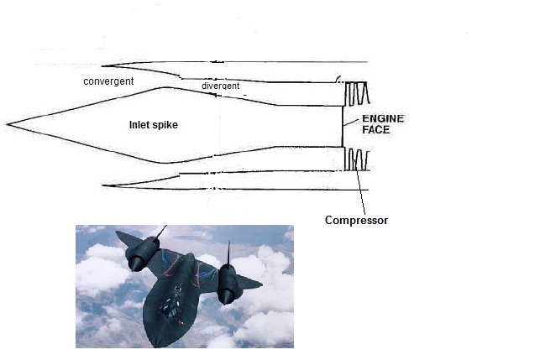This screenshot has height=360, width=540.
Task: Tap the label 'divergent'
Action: [x=220, y=86]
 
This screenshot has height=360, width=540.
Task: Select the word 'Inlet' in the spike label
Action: [x=140, y=125]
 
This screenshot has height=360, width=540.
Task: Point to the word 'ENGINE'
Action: [x=382, y=119]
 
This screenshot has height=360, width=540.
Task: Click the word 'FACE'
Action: [x=379, y=131]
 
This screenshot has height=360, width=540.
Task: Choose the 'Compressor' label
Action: [x=356, y=221]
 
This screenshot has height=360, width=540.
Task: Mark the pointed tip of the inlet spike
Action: [x=8, y=125]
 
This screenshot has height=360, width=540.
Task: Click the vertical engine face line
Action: [x=343, y=126]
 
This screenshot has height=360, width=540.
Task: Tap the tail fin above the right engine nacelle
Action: [x=228, y=253]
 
